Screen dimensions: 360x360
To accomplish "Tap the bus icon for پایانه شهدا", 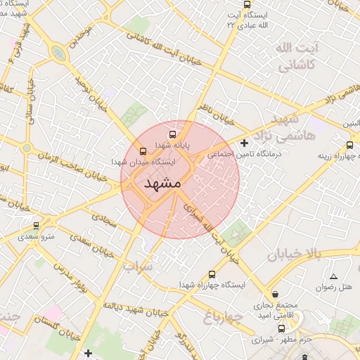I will (170, 135).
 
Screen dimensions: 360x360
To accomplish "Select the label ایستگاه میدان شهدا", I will (143, 162).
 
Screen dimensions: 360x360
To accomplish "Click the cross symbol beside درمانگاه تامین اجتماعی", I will (244, 143).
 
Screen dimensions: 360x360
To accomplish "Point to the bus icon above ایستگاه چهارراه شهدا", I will (212, 274).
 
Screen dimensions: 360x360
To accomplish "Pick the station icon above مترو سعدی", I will (36, 226).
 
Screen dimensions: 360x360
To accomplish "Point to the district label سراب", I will (136, 267).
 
